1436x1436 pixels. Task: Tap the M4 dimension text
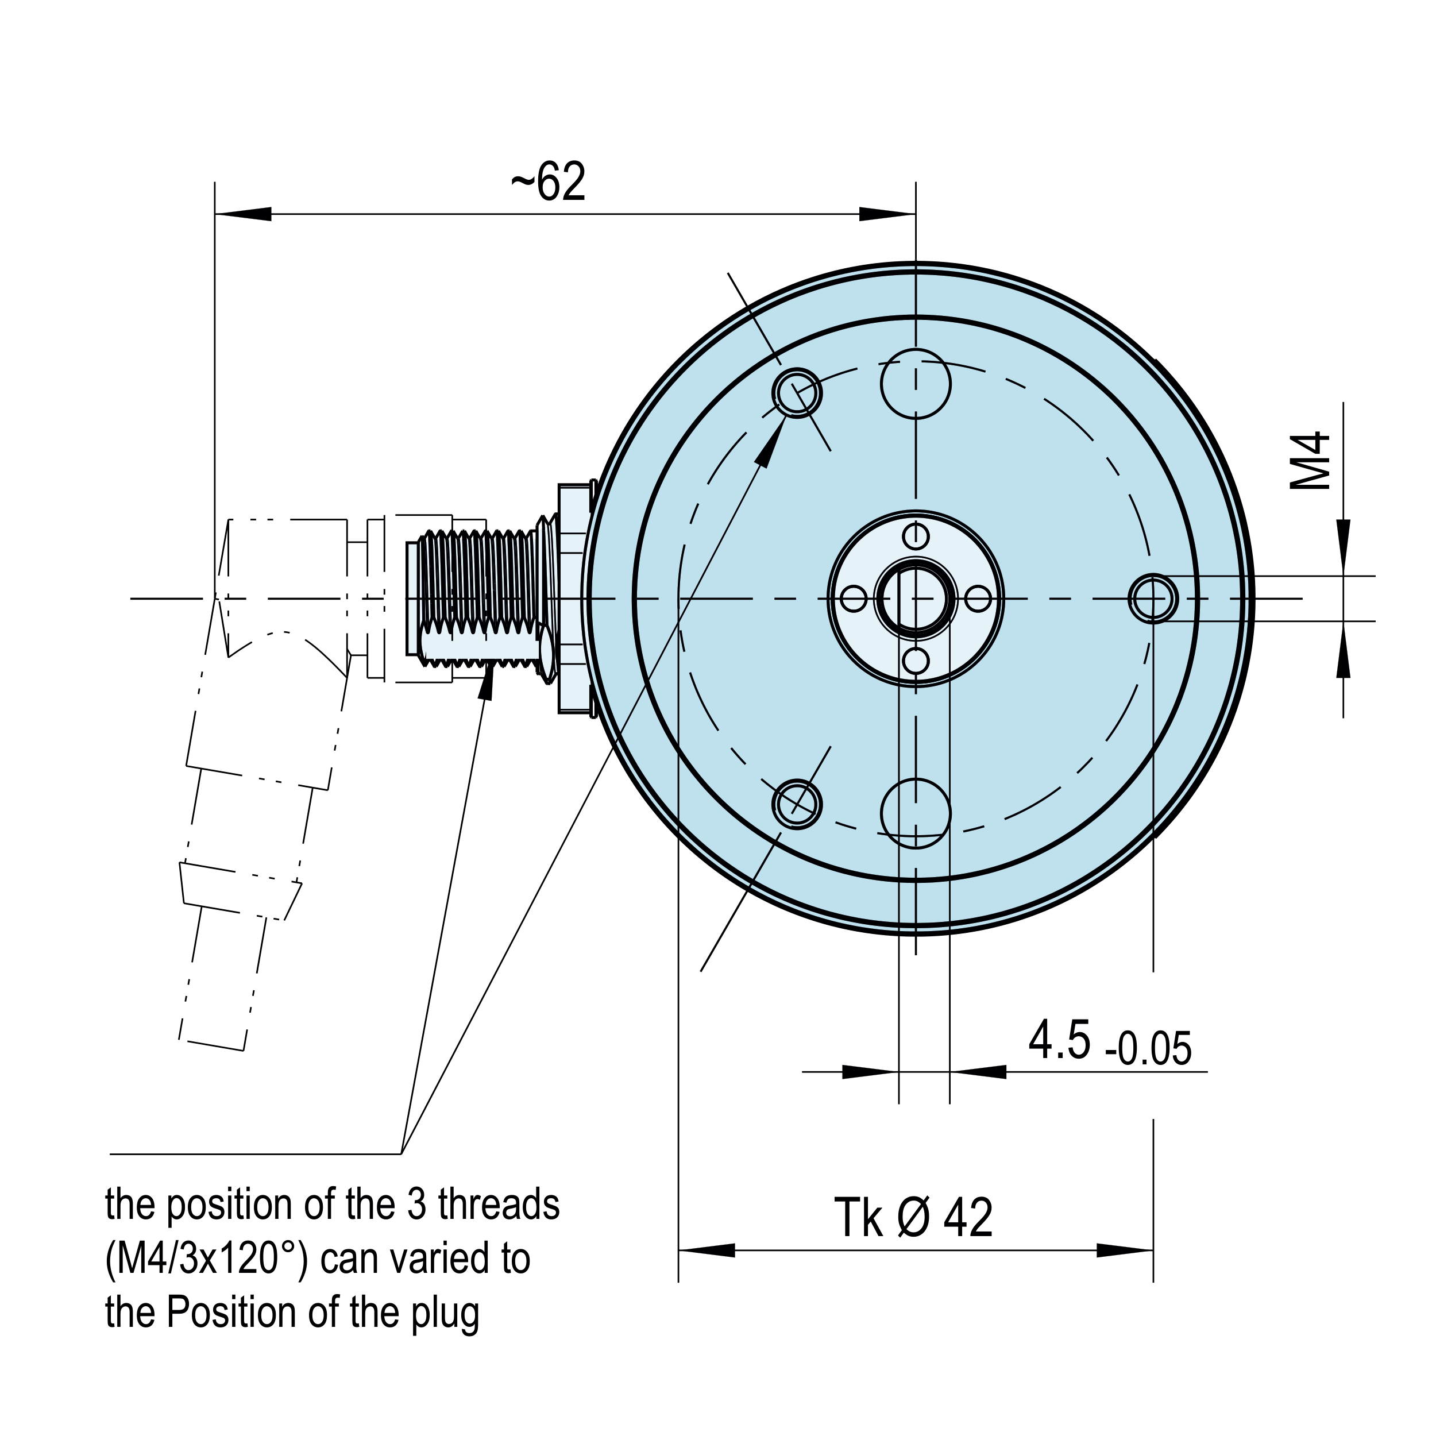pyautogui.click(x=1310, y=460)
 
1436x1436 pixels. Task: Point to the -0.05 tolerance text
pyautogui.click(x=1148, y=1049)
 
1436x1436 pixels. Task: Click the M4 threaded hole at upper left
pyautogui.click(x=797, y=392)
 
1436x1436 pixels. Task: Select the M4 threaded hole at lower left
pyautogui.click(x=797, y=804)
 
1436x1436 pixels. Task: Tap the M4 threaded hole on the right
pyautogui.click(x=1153, y=599)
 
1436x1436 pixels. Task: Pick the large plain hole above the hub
pyautogui.click(x=916, y=384)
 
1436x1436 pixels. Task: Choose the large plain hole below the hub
pyautogui.click(x=916, y=813)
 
